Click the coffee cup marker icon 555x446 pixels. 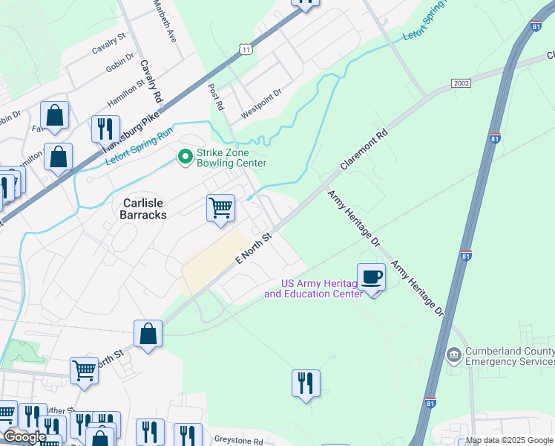click(372, 277)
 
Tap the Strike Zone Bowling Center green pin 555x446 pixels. click(184, 156)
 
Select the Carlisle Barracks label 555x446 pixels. click(142, 208)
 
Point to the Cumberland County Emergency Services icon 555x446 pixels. click(453, 355)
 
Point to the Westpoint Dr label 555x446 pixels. click(262, 105)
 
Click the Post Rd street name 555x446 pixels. click(216, 97)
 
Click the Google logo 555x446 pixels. click(25, 437)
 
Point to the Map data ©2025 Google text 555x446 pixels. click(509, 440)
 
